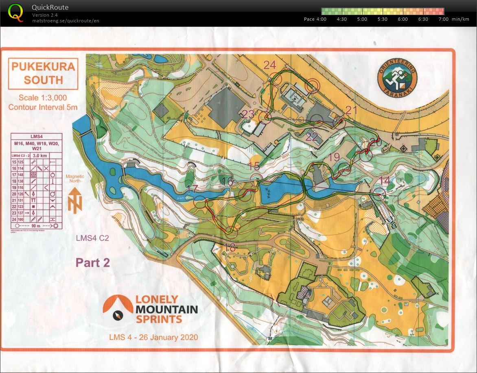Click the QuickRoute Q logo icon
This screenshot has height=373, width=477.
tap(15, 12)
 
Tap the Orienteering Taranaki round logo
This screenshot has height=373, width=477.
tap(397, 76)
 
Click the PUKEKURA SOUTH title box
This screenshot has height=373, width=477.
tap(43, 73)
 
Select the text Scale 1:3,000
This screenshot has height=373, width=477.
tap(43, 98)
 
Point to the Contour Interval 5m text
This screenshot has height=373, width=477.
tap(43, 107)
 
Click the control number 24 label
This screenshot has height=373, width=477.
tap(269, 65)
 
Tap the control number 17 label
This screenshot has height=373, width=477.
tap(192, 189)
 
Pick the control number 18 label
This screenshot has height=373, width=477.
tap(230, 247)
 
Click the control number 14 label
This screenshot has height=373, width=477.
tap(384, 181)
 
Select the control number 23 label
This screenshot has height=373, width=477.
tap(248, 114)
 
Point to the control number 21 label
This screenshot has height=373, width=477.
tap(351, 110)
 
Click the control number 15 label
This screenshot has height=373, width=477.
tap(254, 166)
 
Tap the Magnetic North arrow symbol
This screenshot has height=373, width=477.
tap(75, 201)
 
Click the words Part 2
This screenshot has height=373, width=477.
tap(93, 263)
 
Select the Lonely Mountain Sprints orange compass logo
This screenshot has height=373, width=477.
tap(118, 309)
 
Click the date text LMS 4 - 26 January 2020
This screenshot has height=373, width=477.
tap(153, 337)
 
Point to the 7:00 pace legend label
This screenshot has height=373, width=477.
tap(443, 19)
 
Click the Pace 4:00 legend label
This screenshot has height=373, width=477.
tap(315, 19)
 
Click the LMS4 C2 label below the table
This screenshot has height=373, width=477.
tap(92, 238)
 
